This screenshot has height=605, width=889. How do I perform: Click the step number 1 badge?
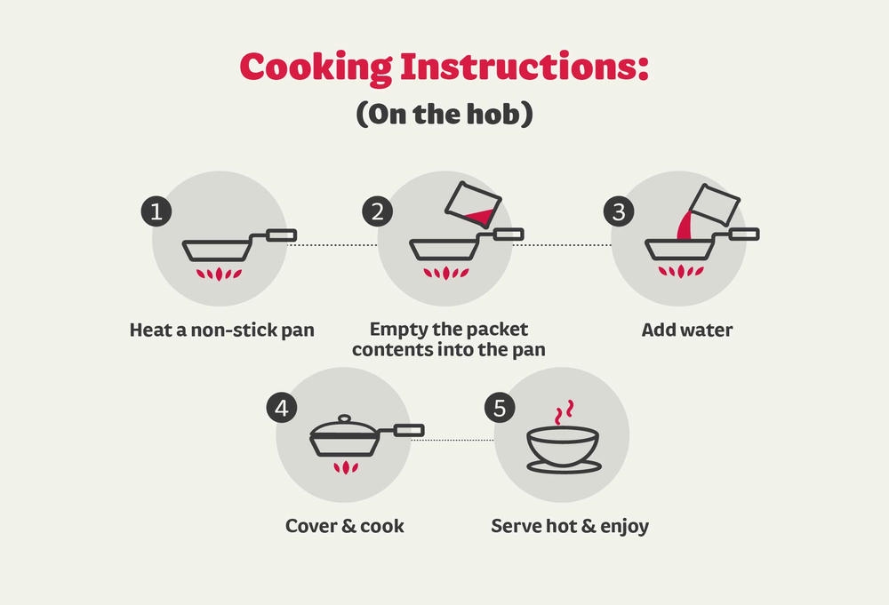(156, 211)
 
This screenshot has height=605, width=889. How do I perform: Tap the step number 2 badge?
(378, 211)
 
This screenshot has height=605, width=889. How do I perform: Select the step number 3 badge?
(619, 211)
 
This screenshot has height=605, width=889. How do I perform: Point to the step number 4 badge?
(282, 408)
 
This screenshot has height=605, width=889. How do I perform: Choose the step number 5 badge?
(500, 408)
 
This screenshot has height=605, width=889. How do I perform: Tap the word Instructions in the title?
(525, 67)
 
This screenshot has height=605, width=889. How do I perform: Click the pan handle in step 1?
(281, 235)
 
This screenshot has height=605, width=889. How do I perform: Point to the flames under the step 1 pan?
(219, 275)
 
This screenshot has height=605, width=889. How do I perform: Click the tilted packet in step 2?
(473, 204)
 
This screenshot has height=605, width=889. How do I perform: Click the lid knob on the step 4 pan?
(344, 419)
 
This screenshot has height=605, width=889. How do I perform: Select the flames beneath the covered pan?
(345, 467)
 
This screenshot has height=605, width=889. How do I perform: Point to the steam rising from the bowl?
(564, 412)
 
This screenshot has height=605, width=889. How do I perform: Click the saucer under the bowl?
(564, 466)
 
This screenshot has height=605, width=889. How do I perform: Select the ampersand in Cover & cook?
(348, 526)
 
